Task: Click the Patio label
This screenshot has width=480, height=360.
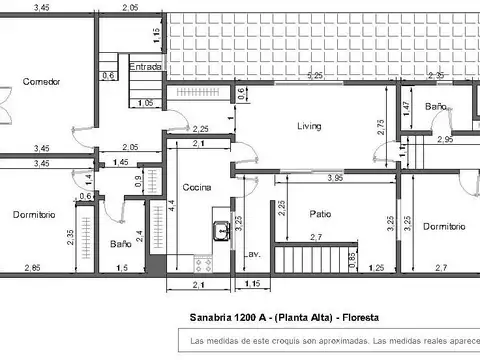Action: pyautogui.click(x=320, y=213)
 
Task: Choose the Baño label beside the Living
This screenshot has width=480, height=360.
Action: pyautogui.click(x=434, y=106)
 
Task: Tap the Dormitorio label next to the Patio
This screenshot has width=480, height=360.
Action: pyautogui.click(x=444, y=227)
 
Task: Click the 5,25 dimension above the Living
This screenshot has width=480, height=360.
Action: pyautogui.click(x=315, y=76)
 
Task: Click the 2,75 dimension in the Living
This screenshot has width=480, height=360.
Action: pyautogui.click(x=379, y=126)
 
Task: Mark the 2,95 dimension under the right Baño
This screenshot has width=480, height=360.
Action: pyautogui.click(x=444, y=141)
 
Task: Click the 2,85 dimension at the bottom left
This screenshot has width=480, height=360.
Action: pyautogui.click(x=34, y=268)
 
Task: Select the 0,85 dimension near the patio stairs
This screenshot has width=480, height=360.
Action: pyautogui.click(x=351, y=258)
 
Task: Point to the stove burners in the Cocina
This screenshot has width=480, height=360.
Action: pyautogui.click(x=203, y=264)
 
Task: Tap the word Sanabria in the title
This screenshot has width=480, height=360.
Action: pyautogui.click(x=209, y=317)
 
